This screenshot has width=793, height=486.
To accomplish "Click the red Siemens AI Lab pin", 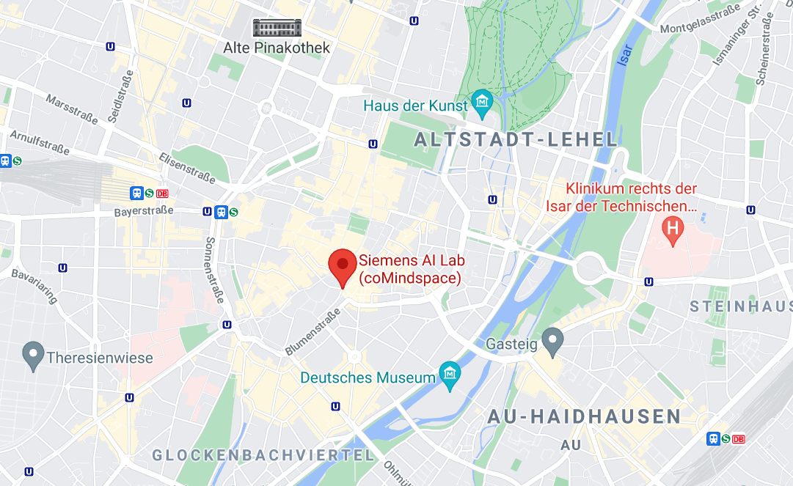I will (x=342, y=265).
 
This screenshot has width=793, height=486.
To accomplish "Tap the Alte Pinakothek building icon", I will (x=277, y=29).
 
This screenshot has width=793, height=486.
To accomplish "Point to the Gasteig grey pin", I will (x=552, y=341).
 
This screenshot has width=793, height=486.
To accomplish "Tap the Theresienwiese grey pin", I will (x=33, y=356).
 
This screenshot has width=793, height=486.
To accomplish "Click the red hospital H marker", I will (x=672, y=231).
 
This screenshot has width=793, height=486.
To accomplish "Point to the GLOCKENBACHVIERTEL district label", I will (x=263, y=455).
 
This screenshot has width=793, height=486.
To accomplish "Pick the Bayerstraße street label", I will (x=144, y=211).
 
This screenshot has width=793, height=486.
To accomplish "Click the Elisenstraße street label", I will (x=187, y=168).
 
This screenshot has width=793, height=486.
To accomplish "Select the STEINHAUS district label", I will (x=741, y=306).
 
